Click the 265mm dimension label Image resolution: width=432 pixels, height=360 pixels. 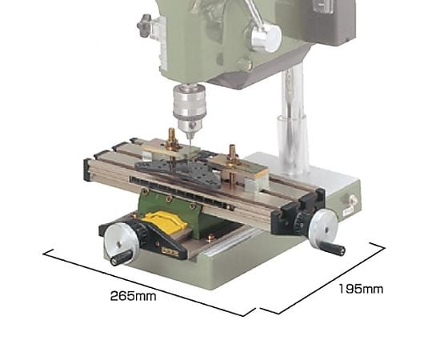(x=133, y=296)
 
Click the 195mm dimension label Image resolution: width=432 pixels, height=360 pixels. (x=361, y=290)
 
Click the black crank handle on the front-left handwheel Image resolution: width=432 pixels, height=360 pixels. (x=122, y=258)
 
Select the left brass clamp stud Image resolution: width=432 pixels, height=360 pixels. (x=172, y=140)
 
